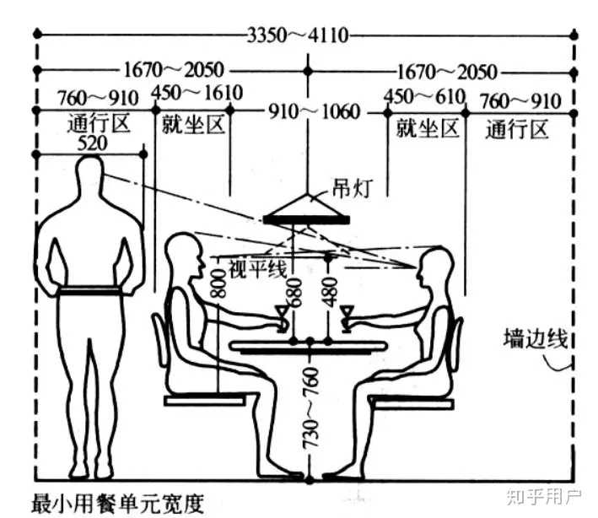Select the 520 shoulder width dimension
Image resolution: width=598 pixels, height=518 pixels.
click(x=91, y=143)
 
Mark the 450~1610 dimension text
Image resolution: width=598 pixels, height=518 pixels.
click(x=196, y=91)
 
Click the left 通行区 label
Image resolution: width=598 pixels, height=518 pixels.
click(x=99, y=125)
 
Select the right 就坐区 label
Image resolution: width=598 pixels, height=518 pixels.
click(x=427, y=129)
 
